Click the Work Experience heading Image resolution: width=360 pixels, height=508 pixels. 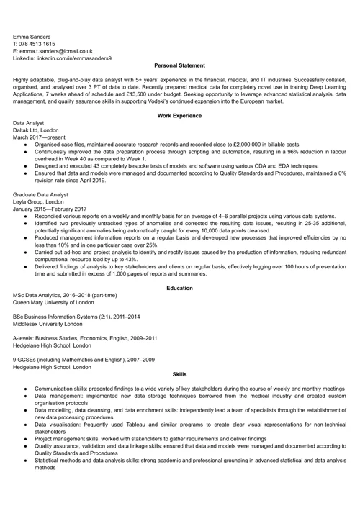click(179, 116)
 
